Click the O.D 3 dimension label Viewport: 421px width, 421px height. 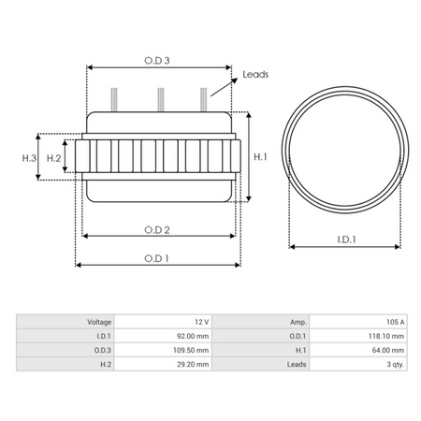tap(157, 61)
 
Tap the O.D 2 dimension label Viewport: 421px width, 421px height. tap(157, 230)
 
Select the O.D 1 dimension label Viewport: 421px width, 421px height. tap(156, 258)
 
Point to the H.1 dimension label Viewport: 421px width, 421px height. tap(260, 157)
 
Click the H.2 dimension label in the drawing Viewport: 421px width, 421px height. tap(53, 158)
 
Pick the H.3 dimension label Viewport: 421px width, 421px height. tap(29, 158)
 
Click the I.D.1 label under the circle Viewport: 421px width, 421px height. tap(346, 240)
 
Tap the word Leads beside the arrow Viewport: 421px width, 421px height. tap(255, 74)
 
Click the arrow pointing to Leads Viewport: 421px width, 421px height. tap(224, 87)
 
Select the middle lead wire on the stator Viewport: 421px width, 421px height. tap(161, 99)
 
